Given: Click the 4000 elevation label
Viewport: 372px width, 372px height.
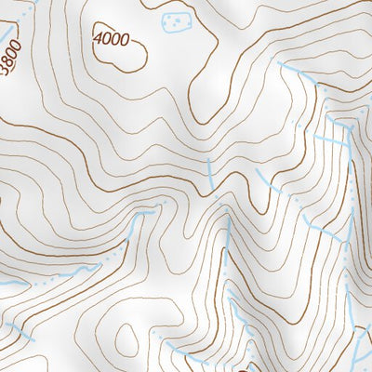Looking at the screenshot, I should tap(111, 40).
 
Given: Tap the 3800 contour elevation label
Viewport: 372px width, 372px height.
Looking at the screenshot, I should tap(10, 60).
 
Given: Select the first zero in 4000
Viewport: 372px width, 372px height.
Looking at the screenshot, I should tap(106, 39).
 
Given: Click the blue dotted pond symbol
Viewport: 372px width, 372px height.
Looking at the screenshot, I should tap(173, 20).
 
